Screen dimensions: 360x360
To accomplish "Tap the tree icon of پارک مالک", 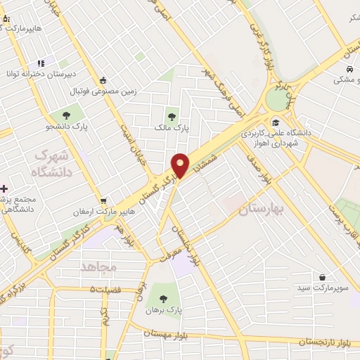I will click(172, 116).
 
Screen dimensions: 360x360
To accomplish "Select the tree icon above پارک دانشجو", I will click(65, 114).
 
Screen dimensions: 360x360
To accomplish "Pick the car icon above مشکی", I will click(349, 69).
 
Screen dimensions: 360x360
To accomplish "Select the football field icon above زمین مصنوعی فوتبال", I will click(103, 79).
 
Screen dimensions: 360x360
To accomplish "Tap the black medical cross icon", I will click(5, 188).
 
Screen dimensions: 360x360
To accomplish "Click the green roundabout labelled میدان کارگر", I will click(277, 98).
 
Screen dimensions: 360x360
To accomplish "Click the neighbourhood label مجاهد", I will click(98, 267).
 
